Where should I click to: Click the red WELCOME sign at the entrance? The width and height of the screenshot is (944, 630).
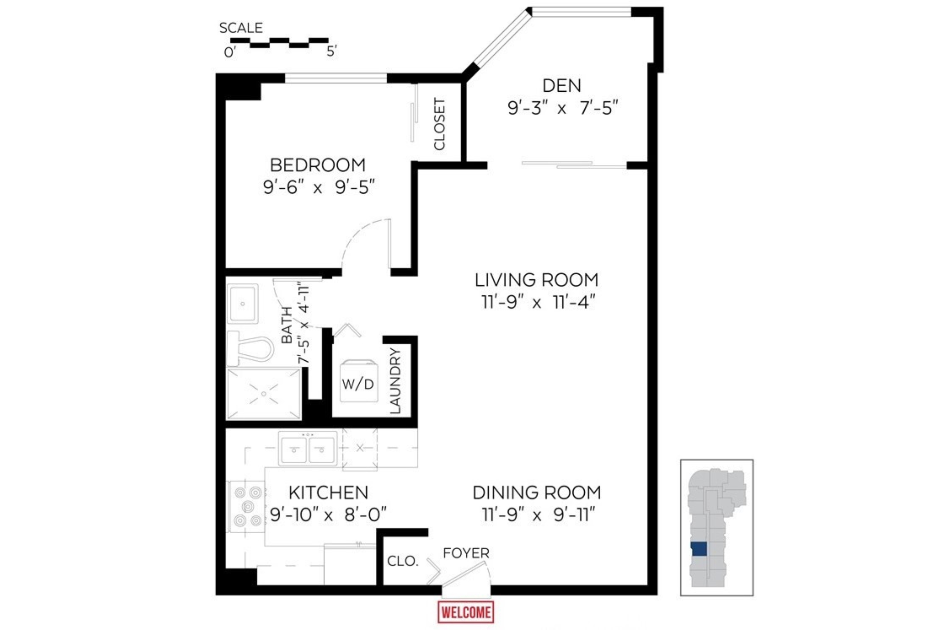click(x=466, y=612)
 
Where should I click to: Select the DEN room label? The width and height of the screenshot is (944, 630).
click(x=561, y=86)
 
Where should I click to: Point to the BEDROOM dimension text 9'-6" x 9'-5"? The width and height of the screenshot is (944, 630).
click(x=319, y=187)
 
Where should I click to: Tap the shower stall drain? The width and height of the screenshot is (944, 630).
click(x=264, y=394)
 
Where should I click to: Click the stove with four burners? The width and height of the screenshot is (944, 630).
click(x=246, y=506)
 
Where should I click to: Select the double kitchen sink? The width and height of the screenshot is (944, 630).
click(x=308, y=449)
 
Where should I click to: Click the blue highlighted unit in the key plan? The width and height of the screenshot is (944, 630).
click(x=699, y=549)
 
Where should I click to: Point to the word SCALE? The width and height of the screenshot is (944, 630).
click(x=241, y=28)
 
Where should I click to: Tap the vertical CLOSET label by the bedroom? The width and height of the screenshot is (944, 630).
click(x=440, y=124)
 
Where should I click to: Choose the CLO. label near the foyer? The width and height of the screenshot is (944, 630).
click(x=402, y=561)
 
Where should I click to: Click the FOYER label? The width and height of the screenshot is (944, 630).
click(x=466, y=553)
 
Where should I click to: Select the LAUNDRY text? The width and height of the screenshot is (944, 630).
click(x=395, y=381)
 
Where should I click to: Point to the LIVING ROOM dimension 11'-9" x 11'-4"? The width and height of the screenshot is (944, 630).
click(x=537, y=302)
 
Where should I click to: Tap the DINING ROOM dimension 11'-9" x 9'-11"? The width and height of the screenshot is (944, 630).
click(x=538, y=515)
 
